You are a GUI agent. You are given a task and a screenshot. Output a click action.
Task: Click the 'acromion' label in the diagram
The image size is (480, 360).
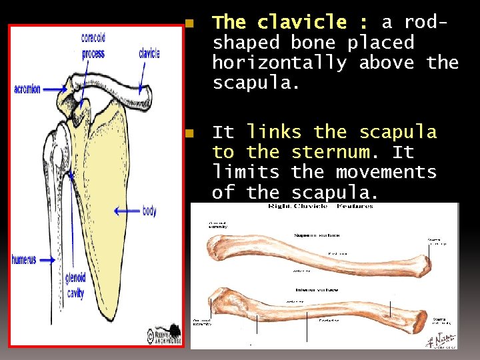pyautogui.click(x=27, y=89)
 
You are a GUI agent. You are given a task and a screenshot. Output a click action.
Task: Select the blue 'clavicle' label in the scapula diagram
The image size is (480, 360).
pyautogui.click(x=149, y=54)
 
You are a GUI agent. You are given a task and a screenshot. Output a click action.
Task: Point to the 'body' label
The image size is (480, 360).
pyautogui.click(x=149, y=211)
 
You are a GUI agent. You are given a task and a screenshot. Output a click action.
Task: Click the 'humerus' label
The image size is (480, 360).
pyautogui.click(x=24, y=260)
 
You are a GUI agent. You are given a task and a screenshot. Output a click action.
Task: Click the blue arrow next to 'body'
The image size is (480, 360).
pyautogui.click(x=127, y=211)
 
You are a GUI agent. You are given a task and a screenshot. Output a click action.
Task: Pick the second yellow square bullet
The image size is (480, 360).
pyautogui.click(x=189, y=134)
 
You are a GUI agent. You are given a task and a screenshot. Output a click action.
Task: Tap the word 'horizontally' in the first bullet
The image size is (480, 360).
pyautogui.click(x=279, y=63)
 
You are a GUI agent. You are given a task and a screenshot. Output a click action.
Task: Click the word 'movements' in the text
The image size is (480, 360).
pyautogui.click(x=386, y=173)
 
